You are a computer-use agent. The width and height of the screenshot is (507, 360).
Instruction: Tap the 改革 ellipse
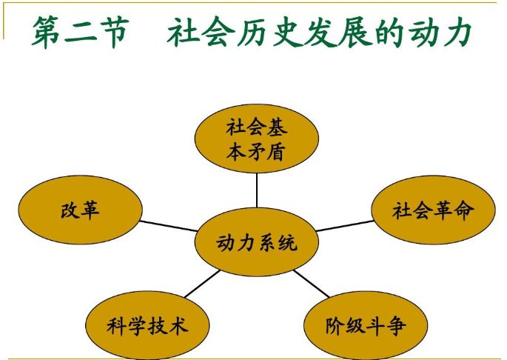click(80, 210)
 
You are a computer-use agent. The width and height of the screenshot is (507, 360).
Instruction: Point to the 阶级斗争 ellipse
click(366, 325)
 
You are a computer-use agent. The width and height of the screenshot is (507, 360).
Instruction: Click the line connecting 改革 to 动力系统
click(167, 226)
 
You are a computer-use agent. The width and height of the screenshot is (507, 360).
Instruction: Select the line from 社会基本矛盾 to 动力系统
click(257, 191)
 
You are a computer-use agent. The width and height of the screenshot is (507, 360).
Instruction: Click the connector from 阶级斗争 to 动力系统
click(311, 285)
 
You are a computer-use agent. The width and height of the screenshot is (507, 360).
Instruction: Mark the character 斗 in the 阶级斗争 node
click(376, 325)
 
